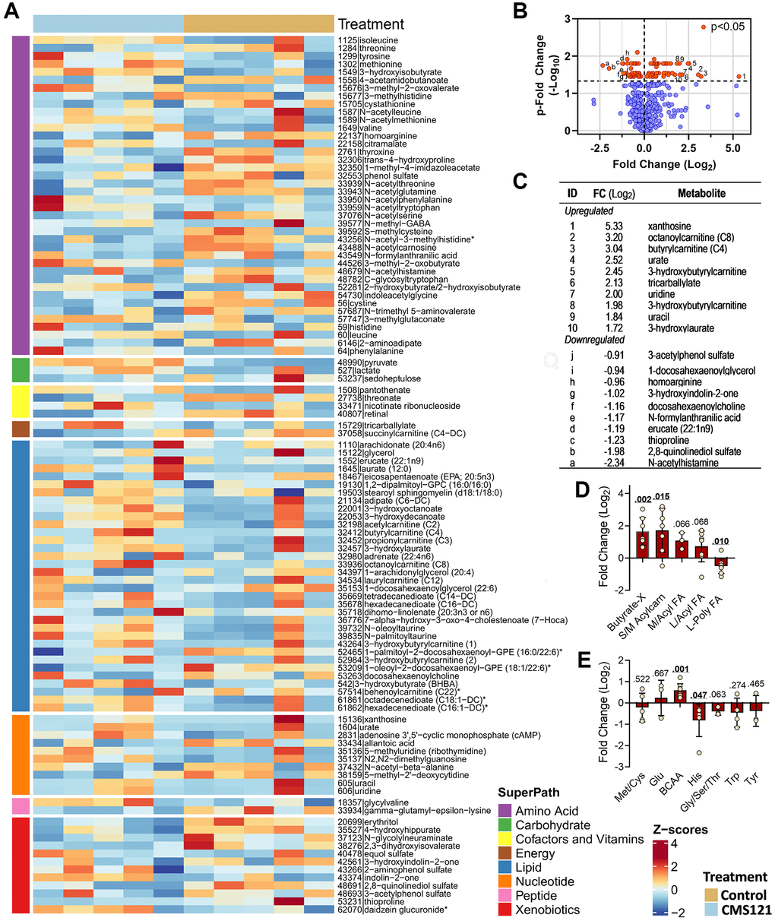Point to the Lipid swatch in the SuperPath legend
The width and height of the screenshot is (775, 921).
point(504,867)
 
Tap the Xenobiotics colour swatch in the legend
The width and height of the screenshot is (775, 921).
point(504,909)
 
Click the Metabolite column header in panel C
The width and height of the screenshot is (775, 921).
point(701,193)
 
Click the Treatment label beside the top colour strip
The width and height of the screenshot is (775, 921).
point(371,24)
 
